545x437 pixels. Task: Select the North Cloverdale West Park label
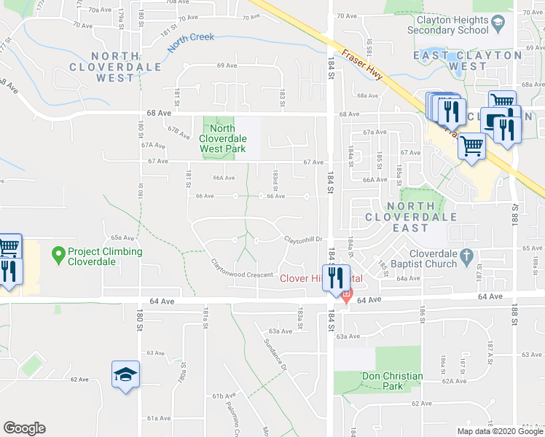pos(223,138)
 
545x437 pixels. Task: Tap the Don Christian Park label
pos(392,381)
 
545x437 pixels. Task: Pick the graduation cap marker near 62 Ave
pos(125,374)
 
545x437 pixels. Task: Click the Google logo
pos(24,428)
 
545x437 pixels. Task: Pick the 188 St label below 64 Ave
pos(514,312)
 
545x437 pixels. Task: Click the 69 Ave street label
pos(227,66)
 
